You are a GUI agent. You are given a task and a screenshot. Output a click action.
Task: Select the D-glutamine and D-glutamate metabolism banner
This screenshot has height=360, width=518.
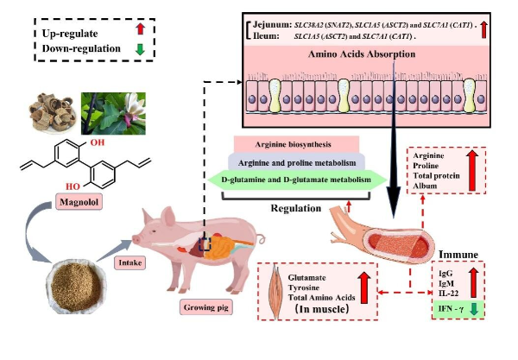(296, 180)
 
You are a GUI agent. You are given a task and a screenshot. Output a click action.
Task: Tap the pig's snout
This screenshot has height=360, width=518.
(137, 240)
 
